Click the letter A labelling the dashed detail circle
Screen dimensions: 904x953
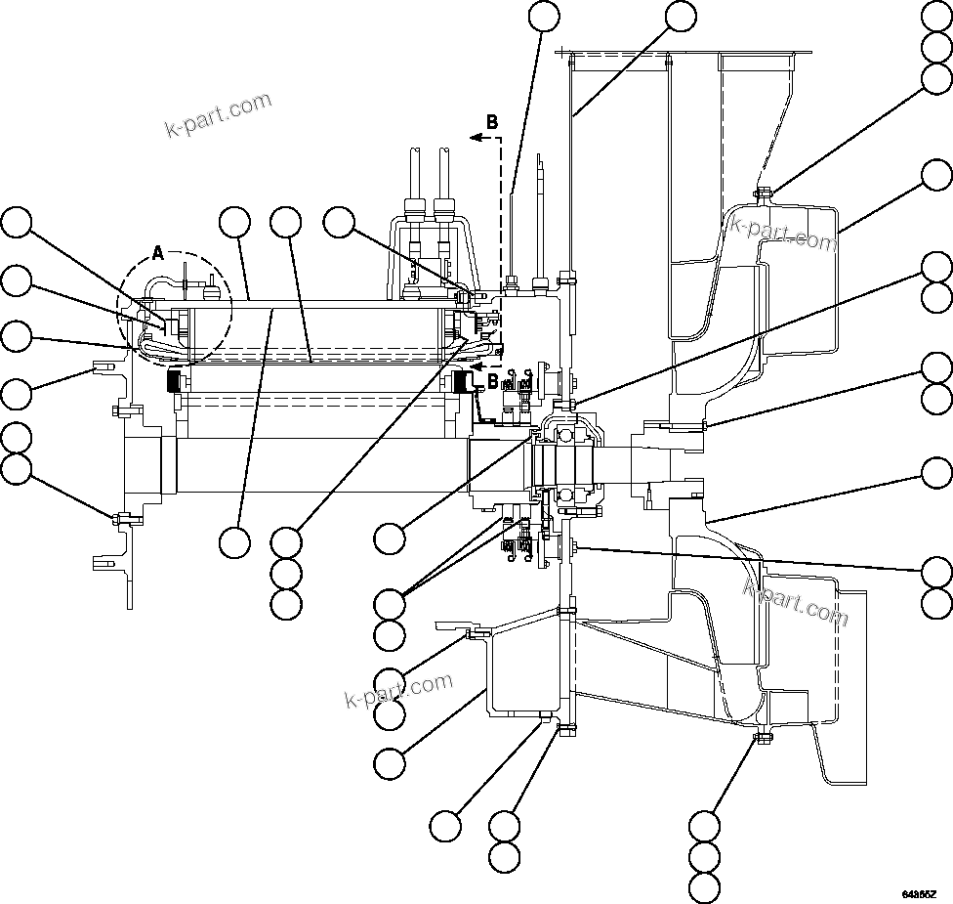coord(158,253)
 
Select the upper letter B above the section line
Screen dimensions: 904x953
coord(492,122)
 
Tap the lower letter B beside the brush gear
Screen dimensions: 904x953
coord(492,378)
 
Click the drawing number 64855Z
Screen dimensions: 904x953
coord(919,894)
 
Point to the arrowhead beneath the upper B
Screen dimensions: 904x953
coord(476,139)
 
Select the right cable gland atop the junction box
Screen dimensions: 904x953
coord(444,208)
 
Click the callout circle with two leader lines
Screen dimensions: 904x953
coord(391,601)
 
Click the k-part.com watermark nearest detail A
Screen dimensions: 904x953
coord(218,114)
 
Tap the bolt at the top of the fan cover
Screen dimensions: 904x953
coord(763,192)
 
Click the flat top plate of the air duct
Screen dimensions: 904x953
coord(684,52)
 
